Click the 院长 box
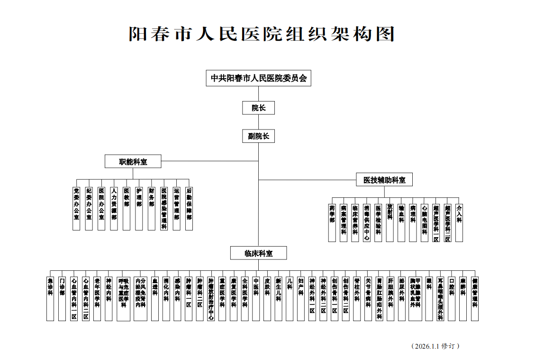258,108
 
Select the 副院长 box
258,136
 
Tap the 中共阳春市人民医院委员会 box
258,78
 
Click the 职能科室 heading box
133,161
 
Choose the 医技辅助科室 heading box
384,180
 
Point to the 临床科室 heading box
258,253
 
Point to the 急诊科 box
50,298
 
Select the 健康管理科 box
475,298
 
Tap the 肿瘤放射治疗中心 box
211,298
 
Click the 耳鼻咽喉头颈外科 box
441,298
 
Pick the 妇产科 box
300,298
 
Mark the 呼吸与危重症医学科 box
123,298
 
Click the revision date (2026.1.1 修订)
435,346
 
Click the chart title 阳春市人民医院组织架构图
262,34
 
